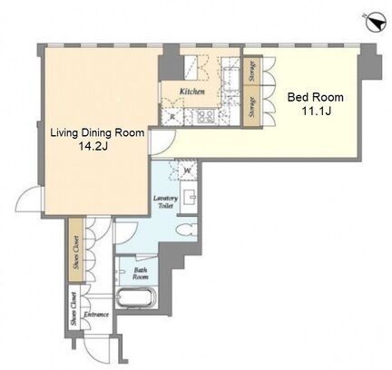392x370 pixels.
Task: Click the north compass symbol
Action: click(376, 22)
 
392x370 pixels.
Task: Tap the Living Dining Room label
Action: click(97, 132)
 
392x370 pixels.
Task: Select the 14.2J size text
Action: click(93, 146)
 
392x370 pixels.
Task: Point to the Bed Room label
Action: click(315, 97)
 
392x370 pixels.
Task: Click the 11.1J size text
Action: click(316, 111)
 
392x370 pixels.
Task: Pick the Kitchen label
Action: click(192, 92)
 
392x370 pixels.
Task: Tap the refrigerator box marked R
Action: click(172, 117)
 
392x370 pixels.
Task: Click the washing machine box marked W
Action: click(188, 170)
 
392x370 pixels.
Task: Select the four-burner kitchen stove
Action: click(206, 117)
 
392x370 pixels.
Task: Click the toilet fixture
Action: click(187, 231)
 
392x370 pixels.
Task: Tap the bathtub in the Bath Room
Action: click(136, 298)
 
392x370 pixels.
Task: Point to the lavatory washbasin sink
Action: click(189, 197)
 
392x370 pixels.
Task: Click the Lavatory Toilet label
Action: click(165, 202)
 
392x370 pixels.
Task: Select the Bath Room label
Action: click(141, 273)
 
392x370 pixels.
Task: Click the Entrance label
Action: click(96, 315)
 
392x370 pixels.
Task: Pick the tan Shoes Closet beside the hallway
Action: click(76, 250)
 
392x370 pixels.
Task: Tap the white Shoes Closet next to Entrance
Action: click(73, 308)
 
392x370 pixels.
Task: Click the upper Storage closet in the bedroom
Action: click(251, 71)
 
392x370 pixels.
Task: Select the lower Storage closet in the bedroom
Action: click(251, 107)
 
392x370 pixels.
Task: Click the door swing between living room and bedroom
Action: click(163, 142)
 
